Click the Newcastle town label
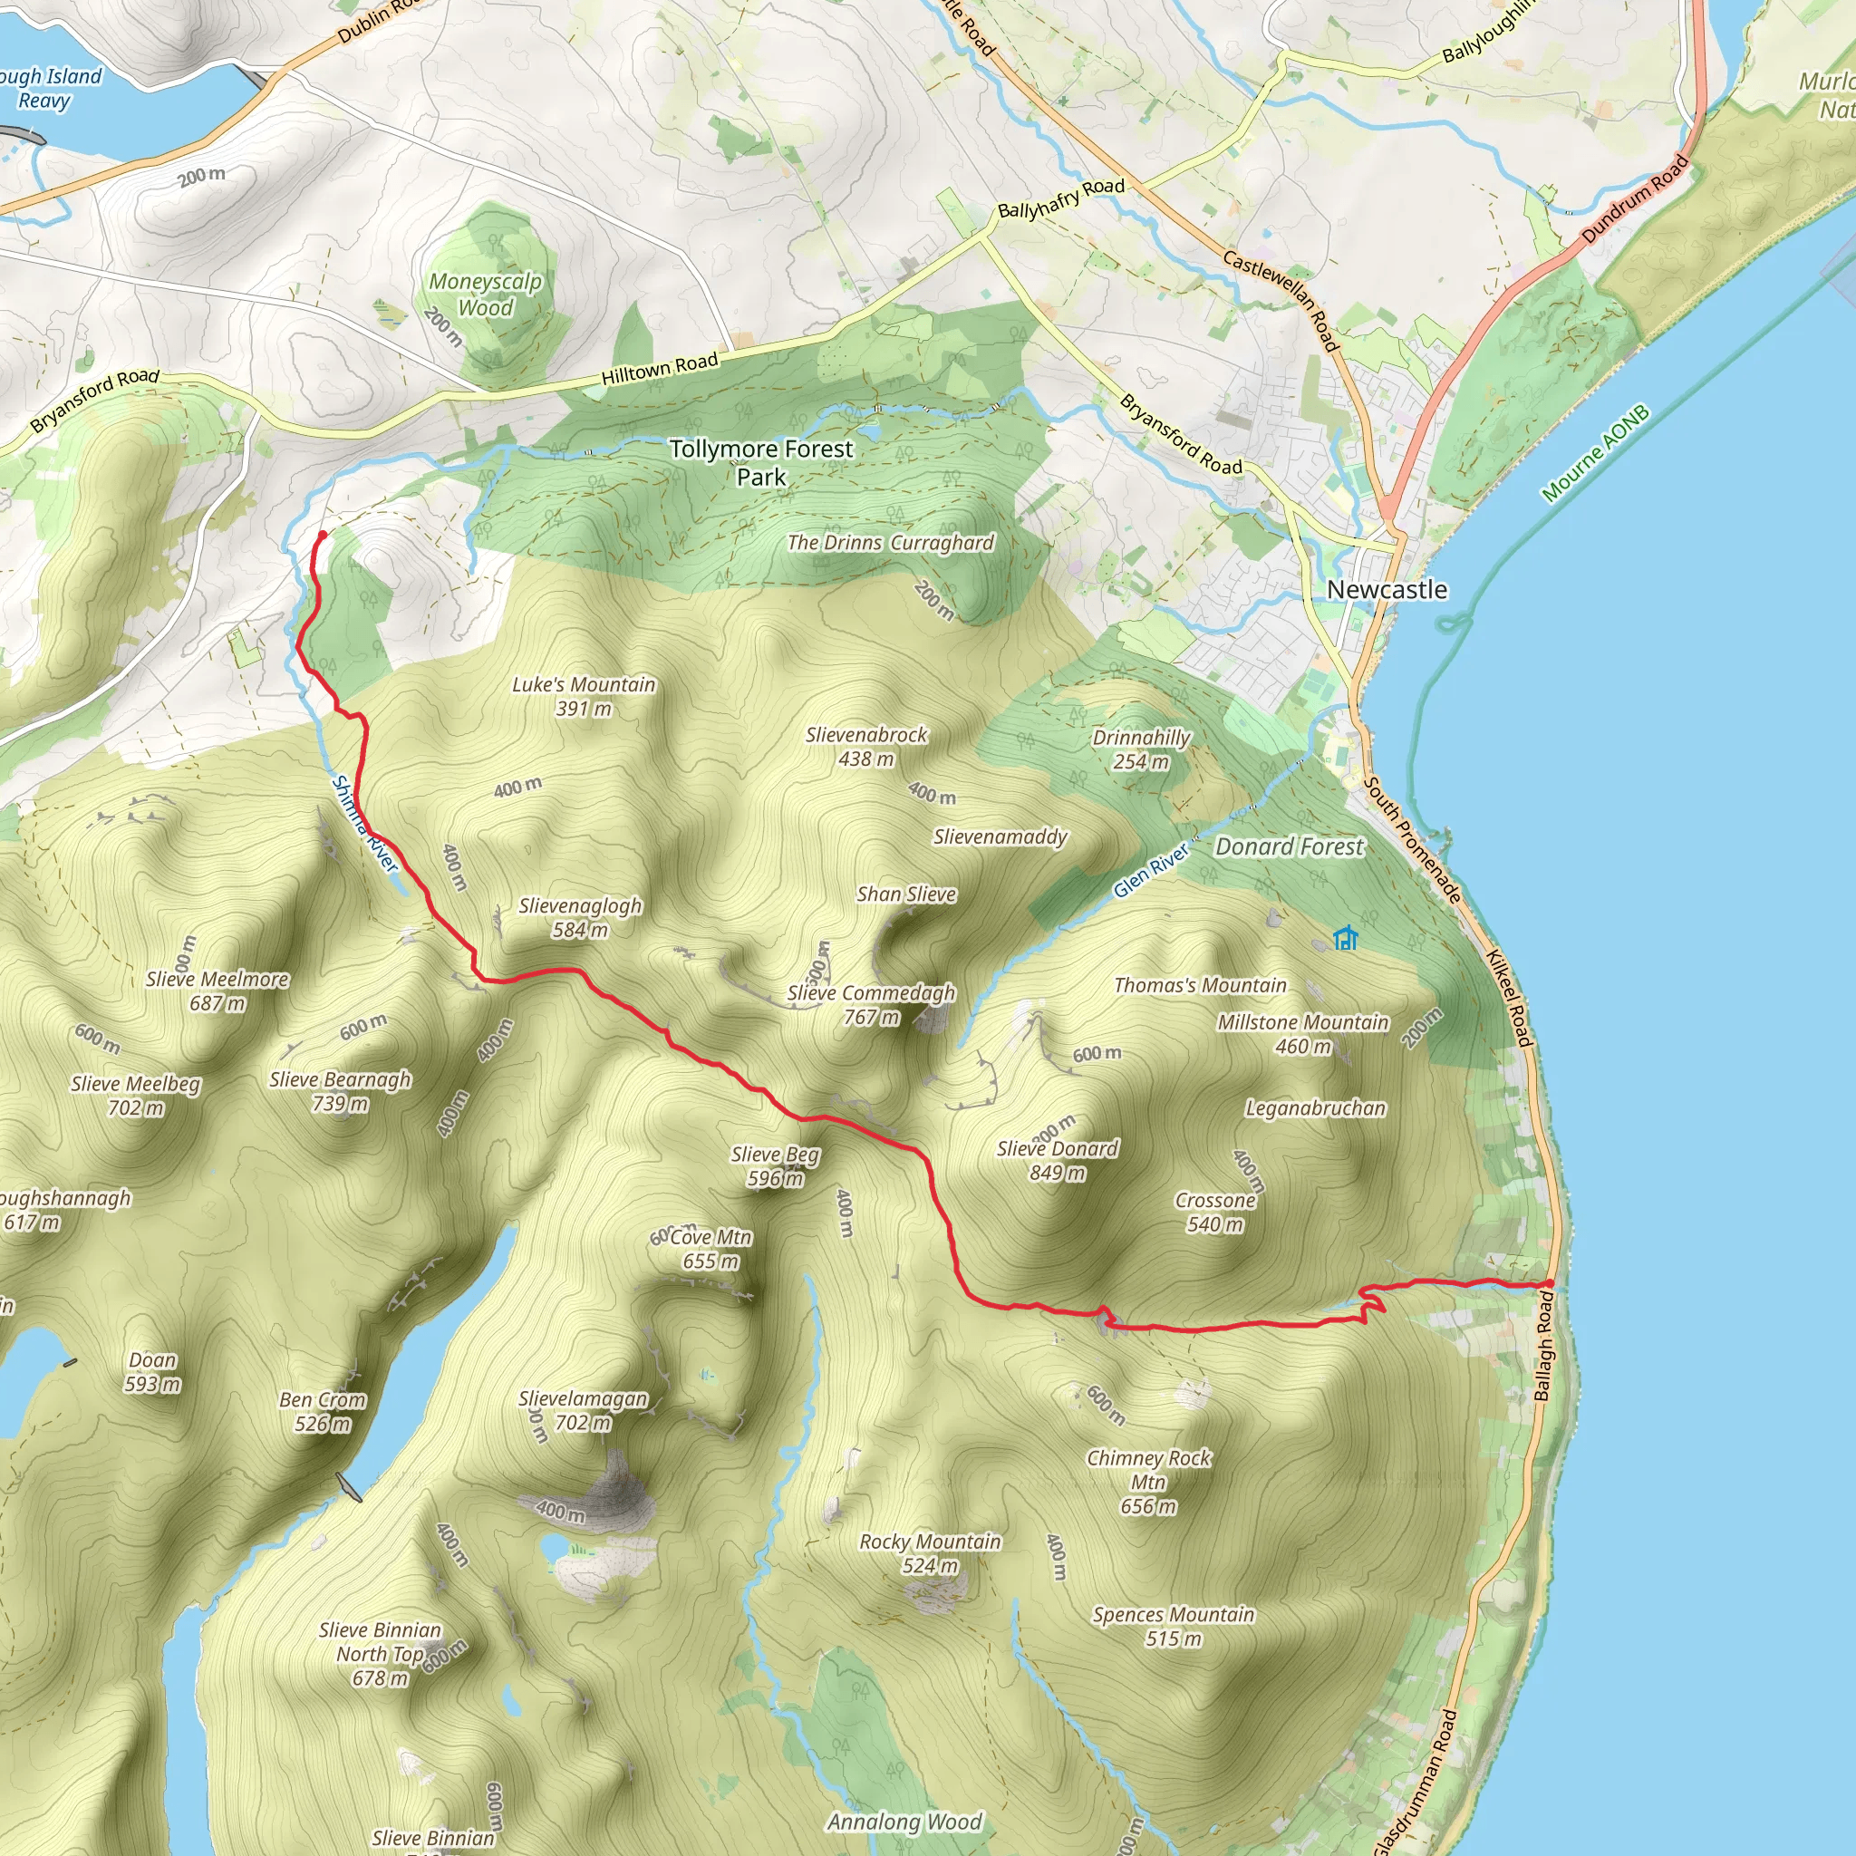tap(1387, 590)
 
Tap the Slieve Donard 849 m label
tap(1058, 1161)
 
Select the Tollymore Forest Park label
tap(761, 462)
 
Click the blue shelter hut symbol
tap(1346, 938)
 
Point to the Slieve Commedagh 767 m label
tap(871, 1005)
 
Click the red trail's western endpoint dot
tap(322, 535)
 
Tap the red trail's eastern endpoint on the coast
tap(1550, 1283)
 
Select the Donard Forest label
tap(1290, 847)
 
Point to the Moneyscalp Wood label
tap(485, 295)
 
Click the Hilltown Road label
tap(660, 369)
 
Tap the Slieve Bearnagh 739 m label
tap(340, 1091)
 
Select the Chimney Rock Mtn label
tap(1148, 1482)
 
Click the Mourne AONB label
tap(1596, 452)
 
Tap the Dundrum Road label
tap(1635, 198)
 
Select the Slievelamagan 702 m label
tap(583, 1410)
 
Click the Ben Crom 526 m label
tap(323, 1411)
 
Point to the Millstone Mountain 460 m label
tap(1302, 1034)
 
